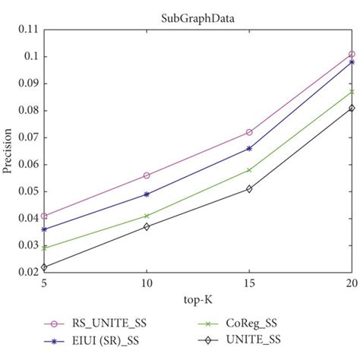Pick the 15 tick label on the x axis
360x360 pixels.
click(x=249, y=283)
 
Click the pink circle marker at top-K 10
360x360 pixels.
click(x=147, y=175)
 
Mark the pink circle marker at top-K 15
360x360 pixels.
click(x=249, y=132)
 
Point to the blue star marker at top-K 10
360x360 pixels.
click(x=147, y=194)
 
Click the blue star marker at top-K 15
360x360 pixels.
click(x=249, y=148)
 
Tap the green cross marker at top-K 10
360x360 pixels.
click(x=147, y=216)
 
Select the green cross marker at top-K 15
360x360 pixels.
click(x=249, y=170)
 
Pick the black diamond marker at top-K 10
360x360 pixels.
click(x=147, y=226)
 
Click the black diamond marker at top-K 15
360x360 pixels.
click(x=249, y=188)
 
